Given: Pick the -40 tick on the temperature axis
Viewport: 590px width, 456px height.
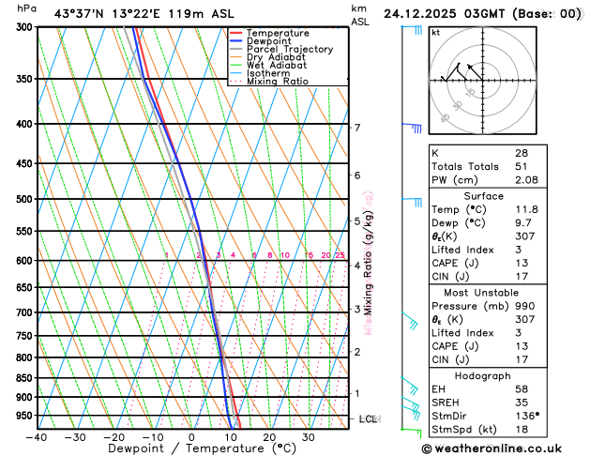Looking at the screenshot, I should pyautogui.click(x=37, y=437).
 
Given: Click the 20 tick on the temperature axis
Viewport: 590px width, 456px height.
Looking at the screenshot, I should pyautogui.click(x=269, y=437).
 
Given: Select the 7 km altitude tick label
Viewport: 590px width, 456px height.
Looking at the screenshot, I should pyautogui.click(x=356, y=128).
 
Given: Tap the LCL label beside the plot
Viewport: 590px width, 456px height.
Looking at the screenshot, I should pyautogui.click(x=368, y=418).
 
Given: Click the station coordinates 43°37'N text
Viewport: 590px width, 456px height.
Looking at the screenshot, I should pyautogui.click(x=80, y=14).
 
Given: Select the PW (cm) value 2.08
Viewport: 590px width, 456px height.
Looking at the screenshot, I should pyautogui.click(x=526, y=179).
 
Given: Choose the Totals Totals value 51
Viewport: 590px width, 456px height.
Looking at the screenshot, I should pyautogui.click(x=521, y=166).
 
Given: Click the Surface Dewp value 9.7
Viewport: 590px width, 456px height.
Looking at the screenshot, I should pyautogui.click(x=522, y=224).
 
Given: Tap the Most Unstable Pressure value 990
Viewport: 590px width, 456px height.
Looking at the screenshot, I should pyautogui.click(x=524, y=306).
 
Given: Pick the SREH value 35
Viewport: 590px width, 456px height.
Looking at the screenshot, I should pyautogui.click(x=521, y=402).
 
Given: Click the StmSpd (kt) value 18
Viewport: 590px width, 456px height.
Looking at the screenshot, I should pyautogui.click(x=521, y=429).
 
